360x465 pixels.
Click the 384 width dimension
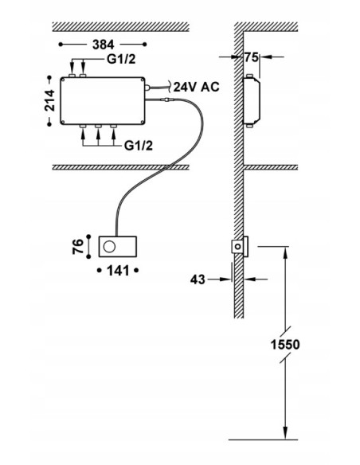(x=104, y=45)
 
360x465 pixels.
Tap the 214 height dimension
(x=50, y=100)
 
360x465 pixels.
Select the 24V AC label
(x=196, y=87)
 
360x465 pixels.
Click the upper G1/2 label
(x=121, y=59)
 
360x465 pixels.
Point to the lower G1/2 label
(x=139, y=146)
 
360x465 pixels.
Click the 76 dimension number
(x=78, y=247)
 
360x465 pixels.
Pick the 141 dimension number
(x=118, y=271)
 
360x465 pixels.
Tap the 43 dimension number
(x=198, y=279)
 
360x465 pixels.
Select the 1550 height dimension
(x=285, y=345)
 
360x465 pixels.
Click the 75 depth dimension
(x=252, y=57)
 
